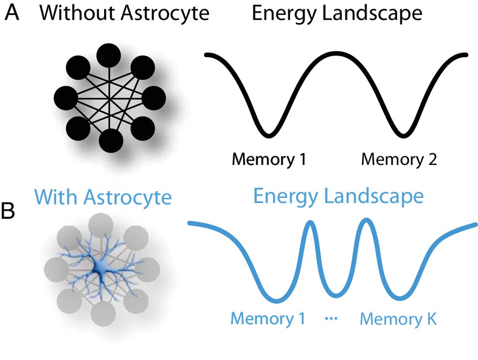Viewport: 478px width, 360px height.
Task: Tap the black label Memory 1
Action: tap(268, 159)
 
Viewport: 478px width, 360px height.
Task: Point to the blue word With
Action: tap(58, 197)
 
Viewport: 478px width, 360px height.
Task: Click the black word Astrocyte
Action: tap(165, 13)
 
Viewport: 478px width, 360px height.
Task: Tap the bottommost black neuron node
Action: tap(111, 141)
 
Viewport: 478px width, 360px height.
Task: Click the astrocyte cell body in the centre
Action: tap(101, 267)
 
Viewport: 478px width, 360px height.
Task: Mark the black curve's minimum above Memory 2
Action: tap(402, 133)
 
